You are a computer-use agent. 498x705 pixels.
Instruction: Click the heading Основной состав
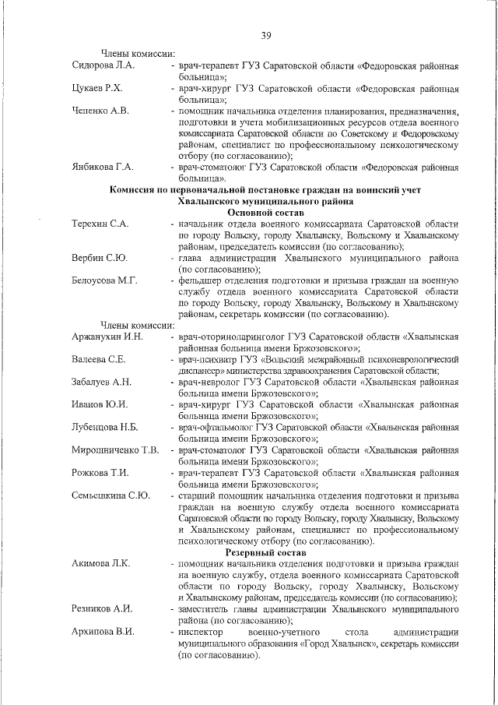(265, 212)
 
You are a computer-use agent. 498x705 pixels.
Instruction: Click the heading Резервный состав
(265, 552)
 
